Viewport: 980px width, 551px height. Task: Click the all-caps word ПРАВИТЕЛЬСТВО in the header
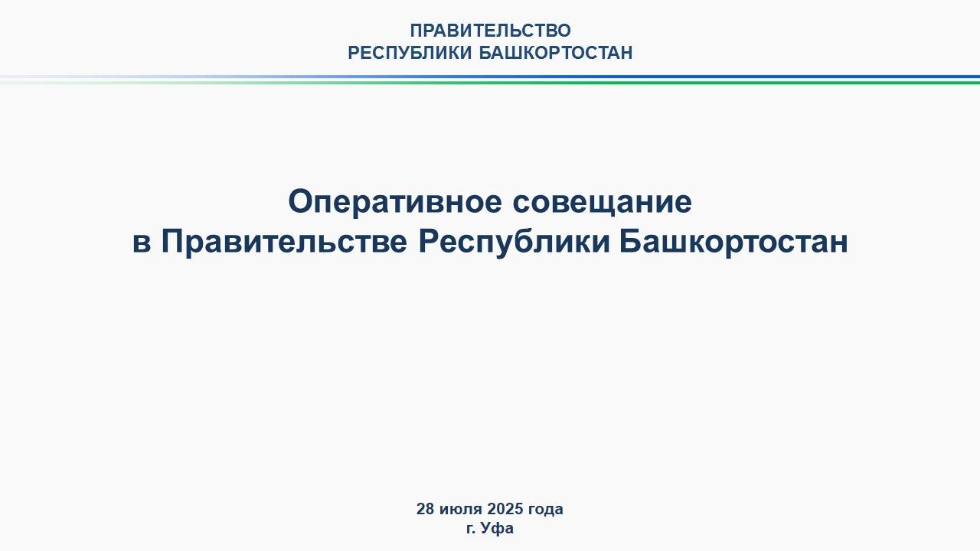pyautogui.click(x=491, y=31)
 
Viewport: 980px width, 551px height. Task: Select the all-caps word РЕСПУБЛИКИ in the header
pyautogui.click(x=410, y=53)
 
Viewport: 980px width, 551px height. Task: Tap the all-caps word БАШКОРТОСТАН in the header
pyautogui.click(x=556, y=53)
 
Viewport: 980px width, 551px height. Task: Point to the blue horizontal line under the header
pyautogui.click(x=490, y=77)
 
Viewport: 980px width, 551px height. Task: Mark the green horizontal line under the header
pyautogui.click(x=490, y=82)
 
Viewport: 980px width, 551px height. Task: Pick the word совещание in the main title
pyautogui.click(x=603, y=203)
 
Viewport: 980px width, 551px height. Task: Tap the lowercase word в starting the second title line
pyautogui.click(x=142, y=243)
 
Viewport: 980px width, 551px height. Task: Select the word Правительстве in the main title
pyautogui.click(x=284, y=243)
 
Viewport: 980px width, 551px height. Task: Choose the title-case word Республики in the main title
pyautogui.click(x=514, y=243)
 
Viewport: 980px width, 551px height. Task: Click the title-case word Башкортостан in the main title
pyautogui.click(x=734, y=243)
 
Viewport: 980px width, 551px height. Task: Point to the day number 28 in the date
pyautogui.click(x=425, y=509)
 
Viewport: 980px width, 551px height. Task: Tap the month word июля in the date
pyautogui.click(x=461, y=510)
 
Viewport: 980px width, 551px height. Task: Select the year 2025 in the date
pyautogui.click(x=505, y=509)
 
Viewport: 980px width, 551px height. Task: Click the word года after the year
pyautogui.click(x=546, y=510)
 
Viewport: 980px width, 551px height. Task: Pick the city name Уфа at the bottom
pyautogui.click(x=497, y=528)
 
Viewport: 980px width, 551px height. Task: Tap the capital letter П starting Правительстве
pyautogui.click(x=174, y=241)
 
